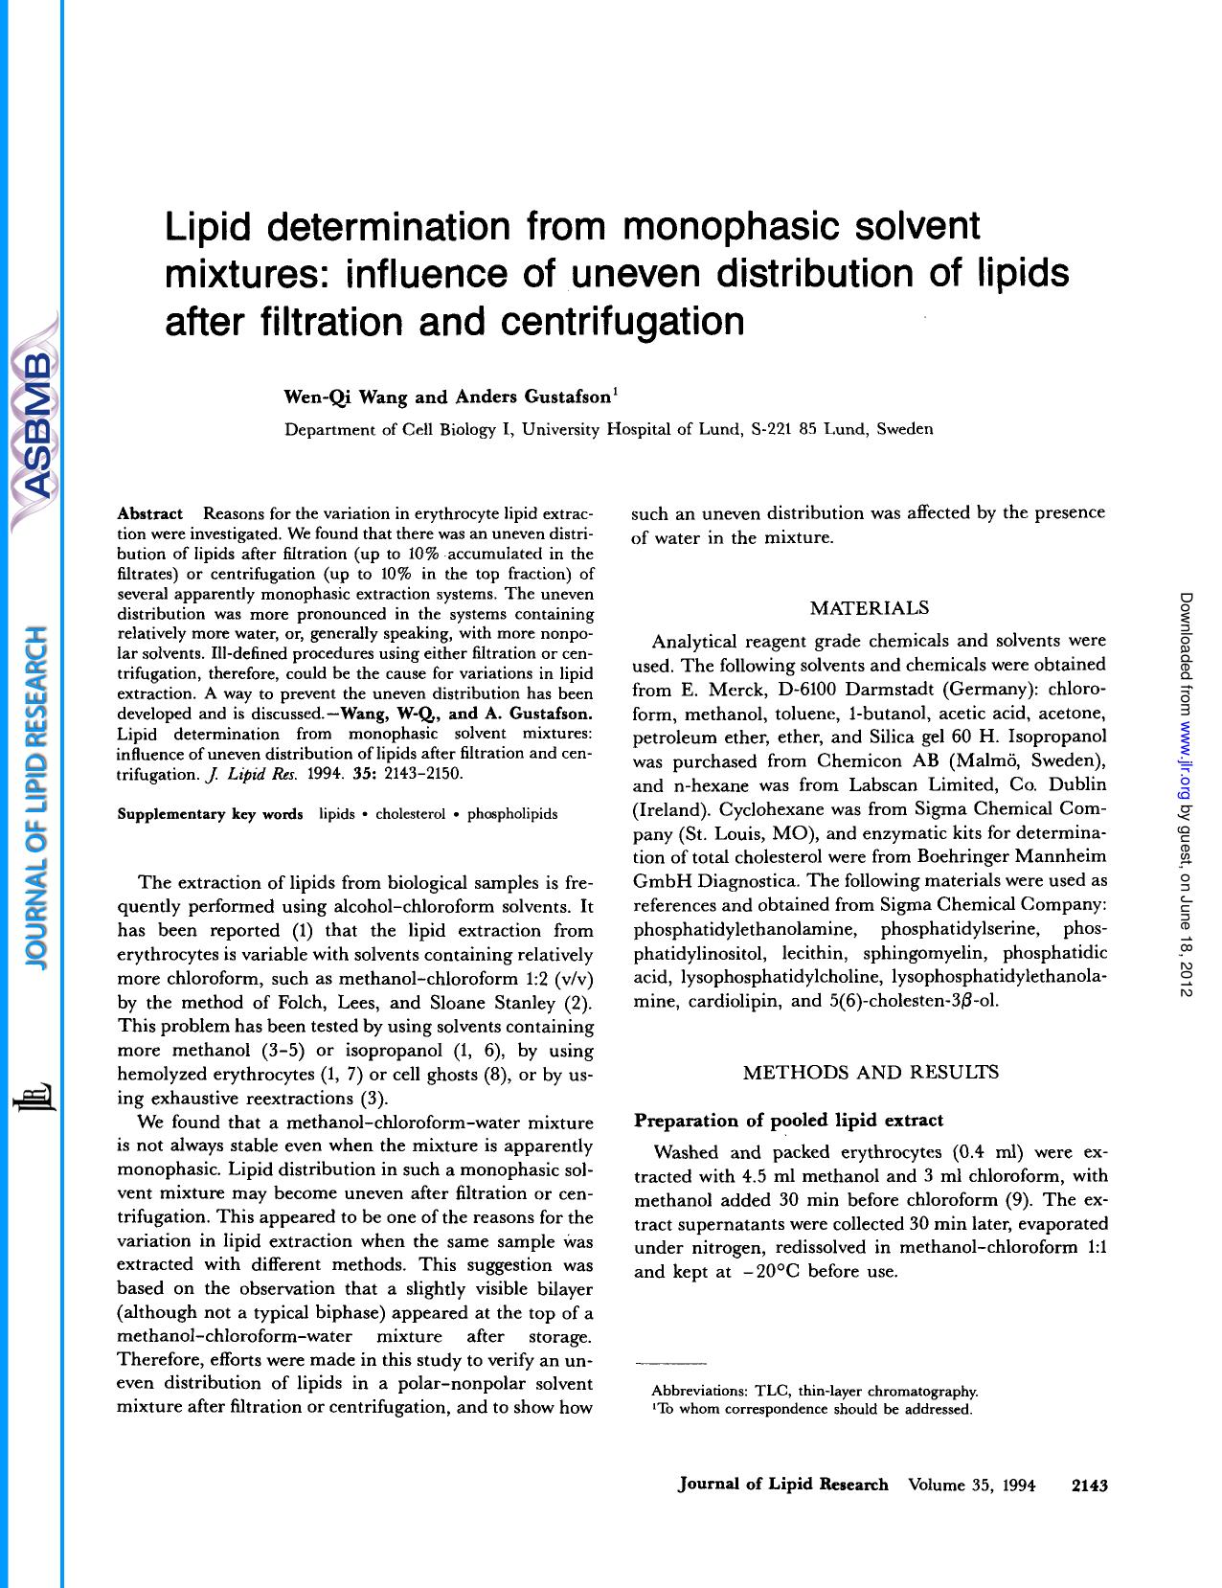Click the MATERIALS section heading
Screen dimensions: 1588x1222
[x=869, y=608]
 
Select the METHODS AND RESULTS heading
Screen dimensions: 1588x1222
[x=871, y=1072]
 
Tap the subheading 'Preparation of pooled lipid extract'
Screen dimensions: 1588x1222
[x=789, y=1120]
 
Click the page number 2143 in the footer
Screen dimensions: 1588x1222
[x=1089, y=1485]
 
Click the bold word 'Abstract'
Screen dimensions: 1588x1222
[x=149, y=514]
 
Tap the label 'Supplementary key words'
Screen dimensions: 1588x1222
[x=210, y=814]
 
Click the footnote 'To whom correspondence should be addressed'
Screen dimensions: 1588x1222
[x=814, y=1409]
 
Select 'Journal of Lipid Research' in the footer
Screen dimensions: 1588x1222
[x=782, y=1485]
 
